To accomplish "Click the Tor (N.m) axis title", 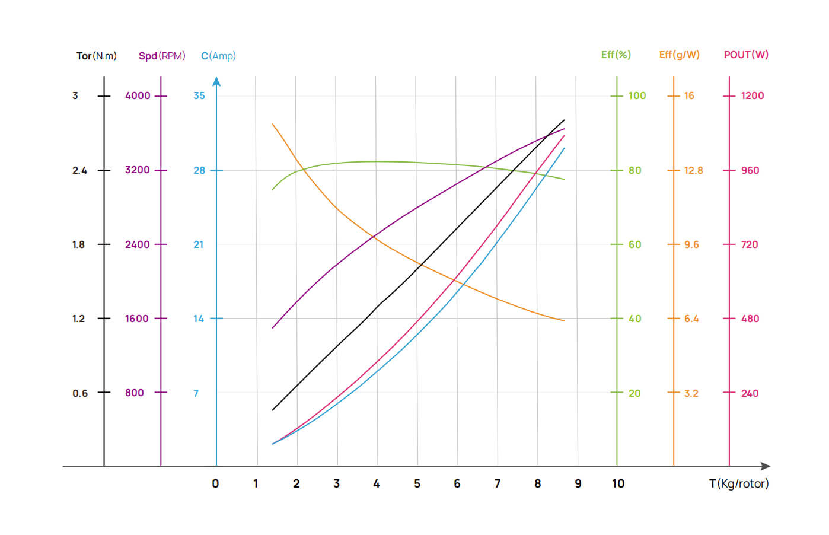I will (96, 56).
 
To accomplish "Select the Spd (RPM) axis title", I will (162, 56).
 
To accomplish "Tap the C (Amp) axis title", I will (218, 56).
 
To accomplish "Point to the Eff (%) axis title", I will (616, 55).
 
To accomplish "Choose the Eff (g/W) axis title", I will (679, 55).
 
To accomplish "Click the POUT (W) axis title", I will (745, 55).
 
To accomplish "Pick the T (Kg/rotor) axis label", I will (738, 483).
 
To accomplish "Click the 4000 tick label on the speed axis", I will (138, 95).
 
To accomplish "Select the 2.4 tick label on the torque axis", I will (79, 170).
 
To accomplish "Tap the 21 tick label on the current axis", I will (199, 244).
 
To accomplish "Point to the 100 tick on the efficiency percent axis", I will (637, 95).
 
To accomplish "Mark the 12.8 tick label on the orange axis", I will (693, 170).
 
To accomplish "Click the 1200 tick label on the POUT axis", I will (752, 95).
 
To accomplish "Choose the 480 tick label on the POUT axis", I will (750, 319).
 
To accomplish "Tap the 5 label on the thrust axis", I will (417, 483).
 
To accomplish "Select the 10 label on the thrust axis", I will (618, 483).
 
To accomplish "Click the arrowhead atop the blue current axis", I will (216, 81).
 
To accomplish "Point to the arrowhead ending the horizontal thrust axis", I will (766, 466).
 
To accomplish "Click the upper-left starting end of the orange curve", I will (273, 124).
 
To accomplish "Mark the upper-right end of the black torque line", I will (564, 120).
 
